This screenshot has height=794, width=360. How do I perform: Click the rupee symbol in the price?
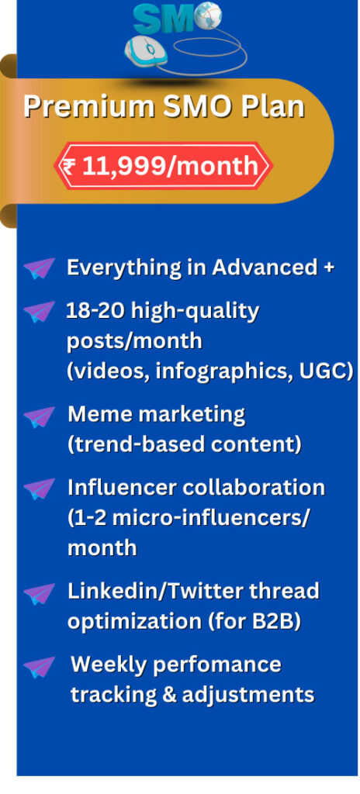tap(71, 166)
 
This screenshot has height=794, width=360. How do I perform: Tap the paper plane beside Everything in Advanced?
tap(39, 268)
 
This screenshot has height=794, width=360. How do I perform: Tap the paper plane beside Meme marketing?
tap(39, 417)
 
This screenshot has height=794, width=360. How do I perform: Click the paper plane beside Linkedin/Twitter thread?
tap(39, 593)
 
